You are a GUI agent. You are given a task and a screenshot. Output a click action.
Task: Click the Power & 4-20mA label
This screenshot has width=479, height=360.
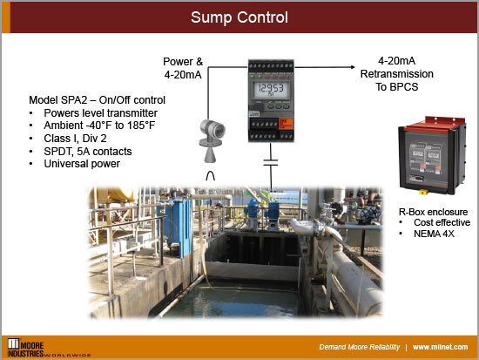[x=183, y=68]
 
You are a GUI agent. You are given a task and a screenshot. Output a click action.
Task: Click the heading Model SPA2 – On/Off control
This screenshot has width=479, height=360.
[x=97, y=100]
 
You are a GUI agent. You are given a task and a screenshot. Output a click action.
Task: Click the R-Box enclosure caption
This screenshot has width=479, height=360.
[x=433, y=212]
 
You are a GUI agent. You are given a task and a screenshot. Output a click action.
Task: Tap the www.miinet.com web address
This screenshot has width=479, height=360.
[x=442, y=346]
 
